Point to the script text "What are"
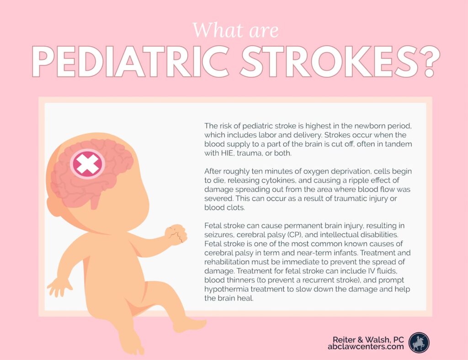point(235,30)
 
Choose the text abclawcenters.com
point(366,347)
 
